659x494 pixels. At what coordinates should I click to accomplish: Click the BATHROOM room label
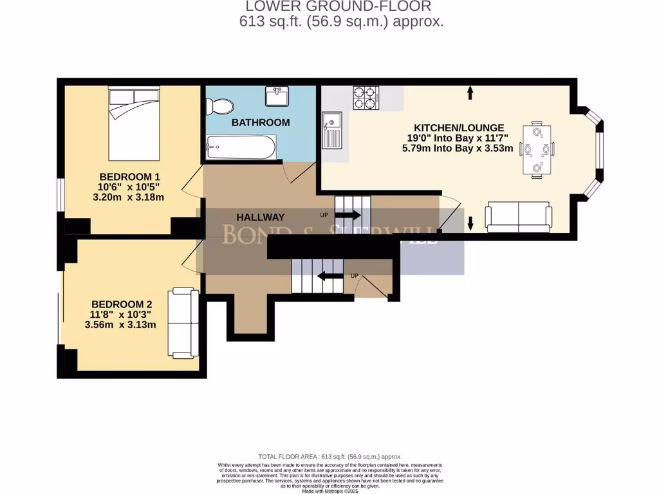[261, 122]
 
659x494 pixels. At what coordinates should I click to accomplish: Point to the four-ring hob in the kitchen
[365, 97]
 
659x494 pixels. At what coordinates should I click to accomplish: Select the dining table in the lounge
[536, 149]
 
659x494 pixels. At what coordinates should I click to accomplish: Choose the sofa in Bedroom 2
[183, 322]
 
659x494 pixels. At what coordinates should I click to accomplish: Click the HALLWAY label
[260, 217]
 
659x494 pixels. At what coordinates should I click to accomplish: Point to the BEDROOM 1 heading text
[129, 176]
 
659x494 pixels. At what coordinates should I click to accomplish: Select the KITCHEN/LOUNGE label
[458, 127]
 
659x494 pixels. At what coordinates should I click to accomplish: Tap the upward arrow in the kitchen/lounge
[470, 93]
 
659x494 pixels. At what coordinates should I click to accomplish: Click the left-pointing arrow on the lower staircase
[331, 277]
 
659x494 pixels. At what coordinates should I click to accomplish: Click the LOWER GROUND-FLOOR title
[338, 6]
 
